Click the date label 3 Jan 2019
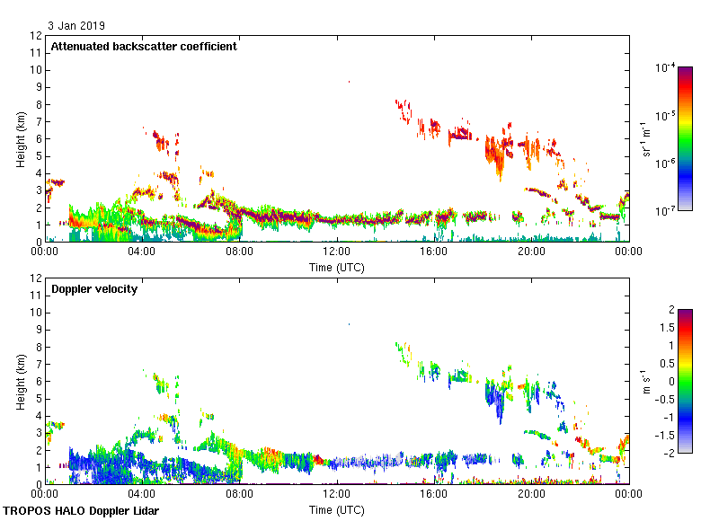coord(72,25)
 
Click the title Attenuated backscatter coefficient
coord(144,46)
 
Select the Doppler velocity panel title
coord(94,288)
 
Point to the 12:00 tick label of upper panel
coord(336,252)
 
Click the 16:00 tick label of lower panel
coord(434,494)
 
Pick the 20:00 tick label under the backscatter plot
coord(531,252)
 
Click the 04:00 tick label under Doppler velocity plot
coord(142,494)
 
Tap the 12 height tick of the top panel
coord(36,36)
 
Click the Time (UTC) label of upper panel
coord(336,267)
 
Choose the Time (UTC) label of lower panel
coord(336,509)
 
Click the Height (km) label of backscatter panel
coord(20,138)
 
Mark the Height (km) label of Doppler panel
coord(20,381)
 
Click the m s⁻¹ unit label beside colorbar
coord(647,381)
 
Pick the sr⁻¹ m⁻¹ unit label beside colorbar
coord(647,138)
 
